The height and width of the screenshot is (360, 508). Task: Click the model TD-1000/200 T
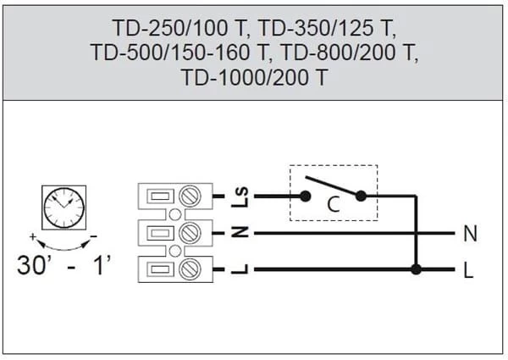click(x=254, y=77)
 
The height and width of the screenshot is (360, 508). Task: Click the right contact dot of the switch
click(x=361, y=196)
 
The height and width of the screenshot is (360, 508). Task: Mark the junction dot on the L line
click(x=416, y=271)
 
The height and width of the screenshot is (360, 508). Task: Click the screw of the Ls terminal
click(x=191, y=197)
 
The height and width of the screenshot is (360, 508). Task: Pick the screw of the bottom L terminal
click(x=191, y=270)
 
